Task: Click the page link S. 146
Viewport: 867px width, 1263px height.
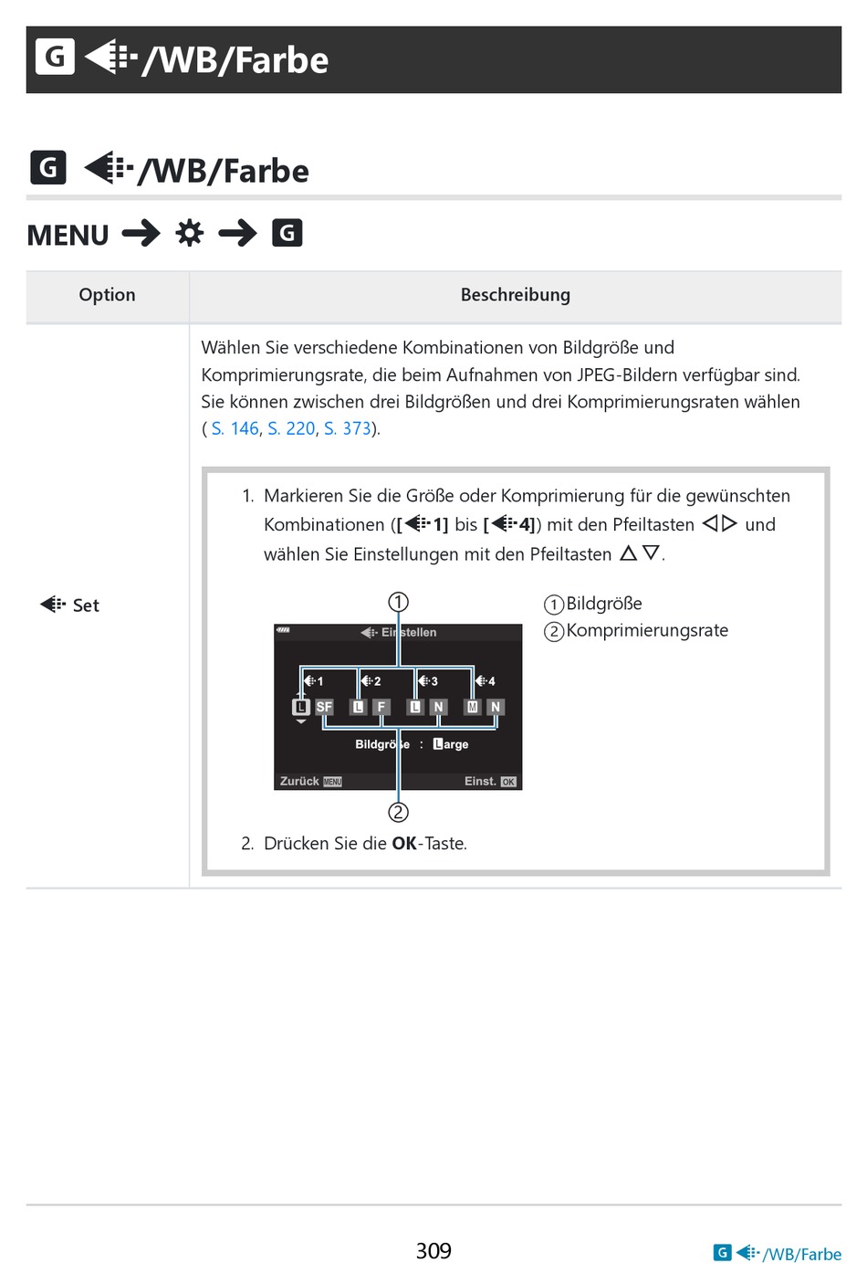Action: [x=235, y=428]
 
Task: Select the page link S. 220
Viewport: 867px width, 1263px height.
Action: [x=291, y=428]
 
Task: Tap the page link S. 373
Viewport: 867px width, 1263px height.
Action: [x=348, y=428]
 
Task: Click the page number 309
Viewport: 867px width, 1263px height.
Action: [x=433, y=1250]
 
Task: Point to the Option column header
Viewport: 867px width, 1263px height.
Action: [x=107, y=295]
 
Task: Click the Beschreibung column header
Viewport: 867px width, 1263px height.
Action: [x=515, y=295]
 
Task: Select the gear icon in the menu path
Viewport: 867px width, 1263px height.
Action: [x=190, y=234]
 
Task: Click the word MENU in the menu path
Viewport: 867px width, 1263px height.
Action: [x=68, y=236]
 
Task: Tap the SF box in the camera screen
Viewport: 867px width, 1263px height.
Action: [x=324, y=707]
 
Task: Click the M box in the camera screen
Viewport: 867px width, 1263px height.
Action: [x=473, y=707]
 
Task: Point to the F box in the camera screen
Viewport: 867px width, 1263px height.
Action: [x=381, y=707]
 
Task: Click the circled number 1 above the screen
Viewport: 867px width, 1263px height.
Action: [x=398, y=602]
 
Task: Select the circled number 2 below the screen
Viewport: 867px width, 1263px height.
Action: [x=398, y=812]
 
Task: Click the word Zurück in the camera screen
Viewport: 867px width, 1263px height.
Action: [x=299, y=782]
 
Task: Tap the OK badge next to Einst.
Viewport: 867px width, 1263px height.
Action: [x=508, y=782]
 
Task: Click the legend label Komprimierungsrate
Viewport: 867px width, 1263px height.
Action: [x=647, y=630]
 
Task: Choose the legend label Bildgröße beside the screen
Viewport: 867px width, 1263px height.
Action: [x=604, y=604]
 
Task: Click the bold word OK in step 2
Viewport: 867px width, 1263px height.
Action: [x=403, y=844]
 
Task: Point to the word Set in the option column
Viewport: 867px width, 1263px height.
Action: [x=86, y=605]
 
